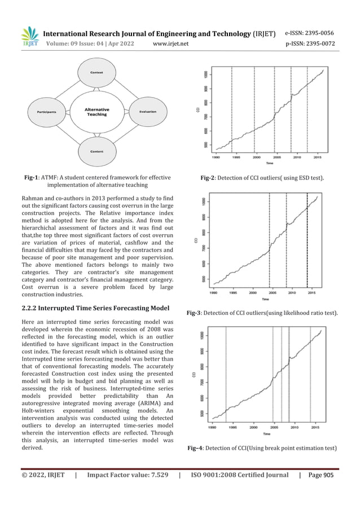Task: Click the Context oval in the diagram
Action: click(96, 73)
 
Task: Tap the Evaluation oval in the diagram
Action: click(147, 112)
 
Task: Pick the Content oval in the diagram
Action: click(96, 151)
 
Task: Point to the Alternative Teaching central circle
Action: click(96, 112)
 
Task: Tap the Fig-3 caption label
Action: click(196, 312)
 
